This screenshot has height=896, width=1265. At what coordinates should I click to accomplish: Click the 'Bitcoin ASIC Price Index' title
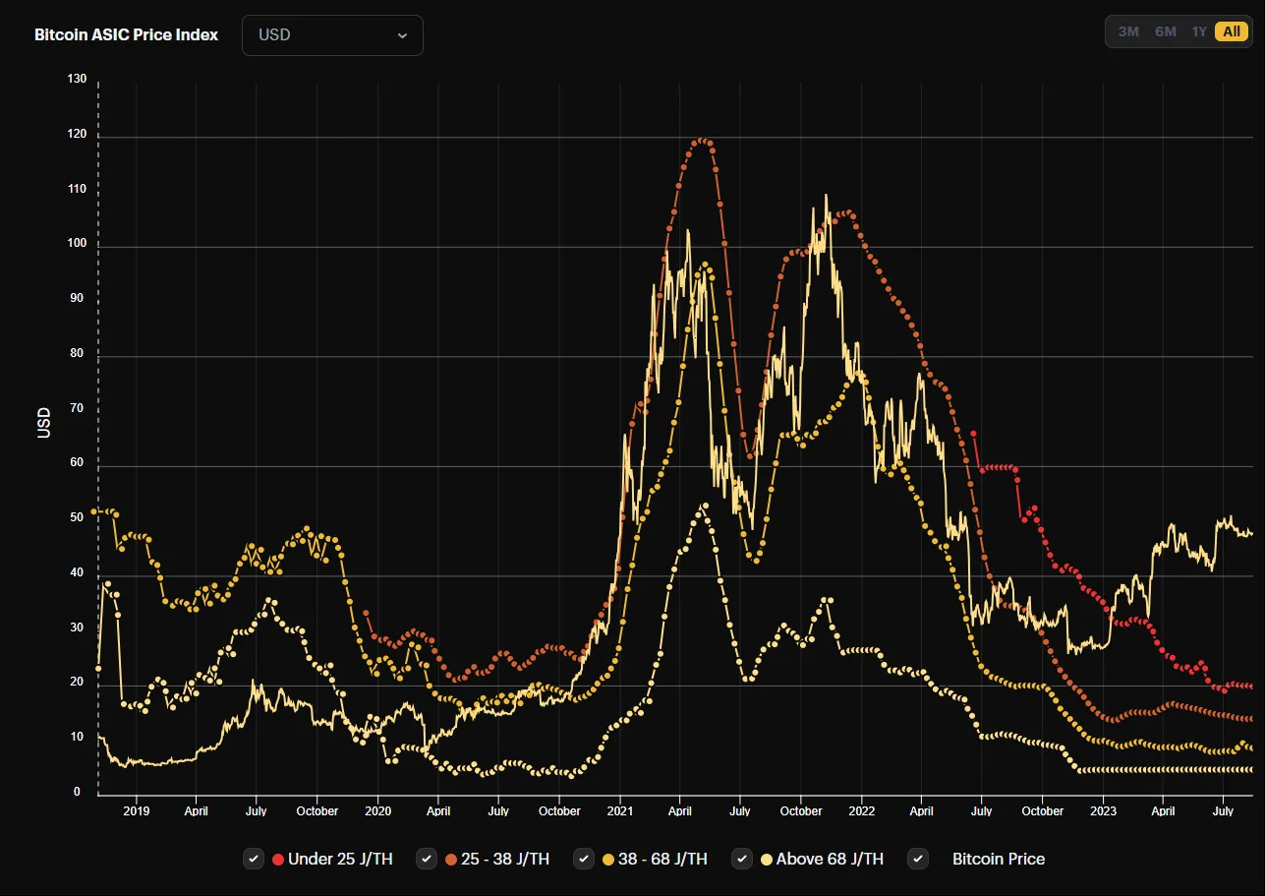tap(126, 35)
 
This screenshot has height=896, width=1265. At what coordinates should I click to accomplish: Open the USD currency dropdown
tap(332, 35)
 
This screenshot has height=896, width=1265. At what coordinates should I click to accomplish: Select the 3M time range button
tap(1128, 31)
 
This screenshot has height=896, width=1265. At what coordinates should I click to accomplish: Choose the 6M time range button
tap(1166, 31)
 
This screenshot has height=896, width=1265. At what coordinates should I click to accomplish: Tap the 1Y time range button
tap(1199, 31)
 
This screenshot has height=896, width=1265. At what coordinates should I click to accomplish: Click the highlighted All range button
tap(1232, 31)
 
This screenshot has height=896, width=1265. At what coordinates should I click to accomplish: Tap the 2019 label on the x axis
tap(136, 811)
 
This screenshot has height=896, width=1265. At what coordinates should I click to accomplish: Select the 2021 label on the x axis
tap(620, 811)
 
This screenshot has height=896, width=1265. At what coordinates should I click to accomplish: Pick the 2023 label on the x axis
tap(1103, 811)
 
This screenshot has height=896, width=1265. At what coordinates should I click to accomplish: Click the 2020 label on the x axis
tap(377, 811)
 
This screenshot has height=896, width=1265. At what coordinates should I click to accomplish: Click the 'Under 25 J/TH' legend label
tap(340, 859)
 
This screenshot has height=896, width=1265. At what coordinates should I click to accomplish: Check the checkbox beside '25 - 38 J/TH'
tap(427, 859)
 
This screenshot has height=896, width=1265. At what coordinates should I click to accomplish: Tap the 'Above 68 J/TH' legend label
tap(830, 859)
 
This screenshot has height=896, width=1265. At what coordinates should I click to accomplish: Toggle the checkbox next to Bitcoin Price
tap(918, 859)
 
